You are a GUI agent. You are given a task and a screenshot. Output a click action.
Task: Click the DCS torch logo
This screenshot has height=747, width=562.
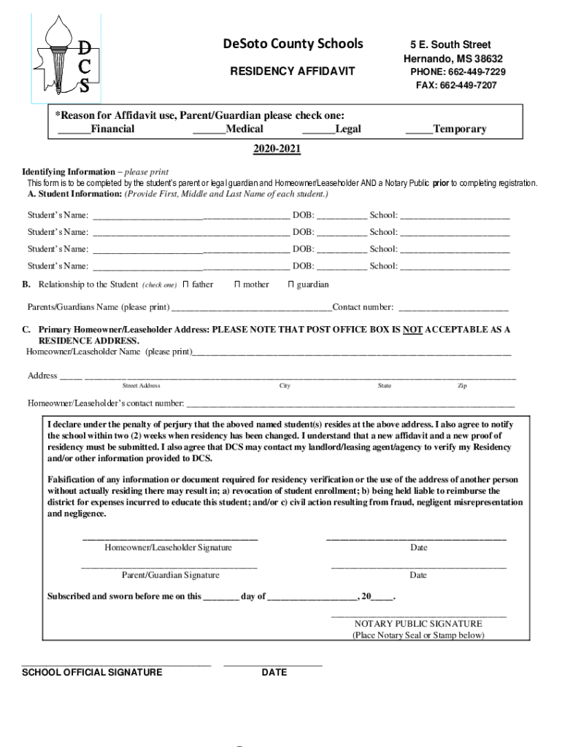66,56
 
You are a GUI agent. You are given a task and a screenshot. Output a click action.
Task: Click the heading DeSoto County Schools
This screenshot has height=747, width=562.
293,44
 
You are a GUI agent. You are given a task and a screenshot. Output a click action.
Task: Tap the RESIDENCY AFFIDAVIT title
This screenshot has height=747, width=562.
293,71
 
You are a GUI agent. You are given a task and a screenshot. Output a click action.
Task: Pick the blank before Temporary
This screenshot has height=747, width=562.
418,129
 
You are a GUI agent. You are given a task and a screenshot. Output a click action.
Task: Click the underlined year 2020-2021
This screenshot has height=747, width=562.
277,150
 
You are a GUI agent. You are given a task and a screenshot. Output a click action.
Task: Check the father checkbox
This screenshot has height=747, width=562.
185,285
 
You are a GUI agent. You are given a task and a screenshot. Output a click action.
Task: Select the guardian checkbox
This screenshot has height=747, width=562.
290,285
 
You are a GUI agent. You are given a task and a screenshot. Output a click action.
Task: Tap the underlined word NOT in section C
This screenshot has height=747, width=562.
414,330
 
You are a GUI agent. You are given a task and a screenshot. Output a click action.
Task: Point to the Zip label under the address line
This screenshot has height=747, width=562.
462,386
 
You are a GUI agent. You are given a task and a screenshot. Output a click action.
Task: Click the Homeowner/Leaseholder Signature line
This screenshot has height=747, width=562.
169,538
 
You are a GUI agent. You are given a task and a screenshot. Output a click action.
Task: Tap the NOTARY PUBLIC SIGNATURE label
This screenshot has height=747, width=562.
418,624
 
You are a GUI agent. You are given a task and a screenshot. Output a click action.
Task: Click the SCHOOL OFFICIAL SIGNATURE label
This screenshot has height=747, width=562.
93,672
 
